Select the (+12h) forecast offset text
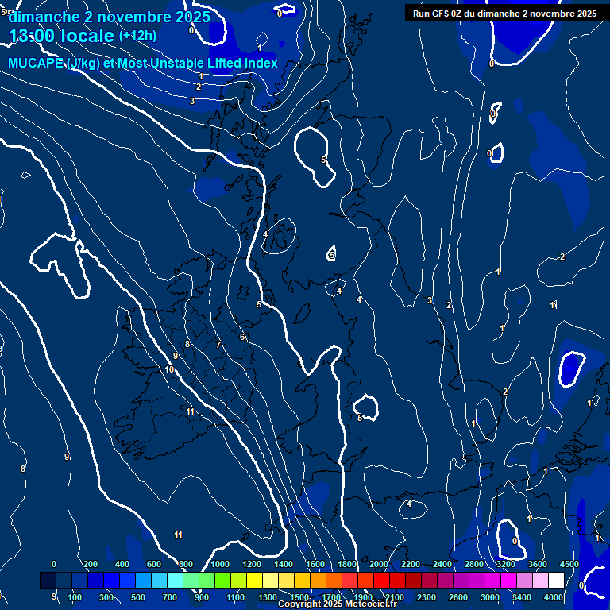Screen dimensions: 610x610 (x=137, y=36)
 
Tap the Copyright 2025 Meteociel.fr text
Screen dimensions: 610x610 (x=337, y=604)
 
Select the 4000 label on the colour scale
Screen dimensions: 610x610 (x=554, y=597)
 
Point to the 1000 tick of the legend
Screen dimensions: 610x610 (x=219, y=564)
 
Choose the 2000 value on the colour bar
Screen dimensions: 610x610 (x=378, y=564)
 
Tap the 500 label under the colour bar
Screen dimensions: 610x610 (x=138, y=597)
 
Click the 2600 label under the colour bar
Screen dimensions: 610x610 (x=457, y=597)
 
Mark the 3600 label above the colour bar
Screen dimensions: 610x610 (x=537, y=564)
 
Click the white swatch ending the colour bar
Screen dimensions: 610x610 (x=556, y=581)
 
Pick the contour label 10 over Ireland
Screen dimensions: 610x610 (x=169, y=369)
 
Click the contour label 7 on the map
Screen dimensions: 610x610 (x=218, y=346)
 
